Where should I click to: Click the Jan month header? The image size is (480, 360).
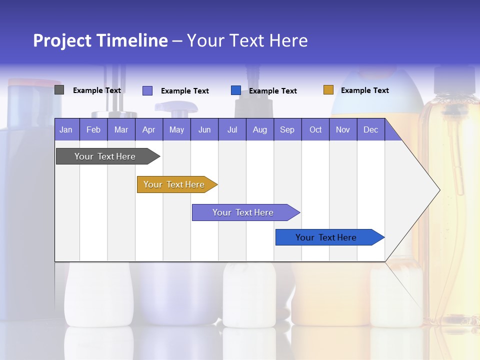[x=66, y=129]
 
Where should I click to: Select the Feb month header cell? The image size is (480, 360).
[x=93, y=129]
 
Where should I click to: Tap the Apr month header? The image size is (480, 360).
[x=148, y=129]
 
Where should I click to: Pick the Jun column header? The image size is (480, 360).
[x=204, y=129]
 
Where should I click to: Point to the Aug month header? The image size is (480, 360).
[x=259, y=129]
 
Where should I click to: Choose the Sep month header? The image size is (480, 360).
[x=287, y=129]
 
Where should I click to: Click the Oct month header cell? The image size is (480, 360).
[x=315, y=129]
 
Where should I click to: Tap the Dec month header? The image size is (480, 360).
[x=370, y=129]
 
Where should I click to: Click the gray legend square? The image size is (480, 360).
[x=59, y=90]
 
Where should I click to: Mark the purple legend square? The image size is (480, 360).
[x=147, y=90]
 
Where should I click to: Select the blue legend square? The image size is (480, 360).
[x=236, y=90]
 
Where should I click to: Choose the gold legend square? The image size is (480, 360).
[x=328, y=90]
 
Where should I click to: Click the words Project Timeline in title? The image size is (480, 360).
[x=100, y=40]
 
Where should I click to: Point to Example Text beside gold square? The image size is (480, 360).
[x=364, y=90]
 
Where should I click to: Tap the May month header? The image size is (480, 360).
[x=176, y=129]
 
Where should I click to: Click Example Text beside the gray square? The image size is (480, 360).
[x=96, y=90]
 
